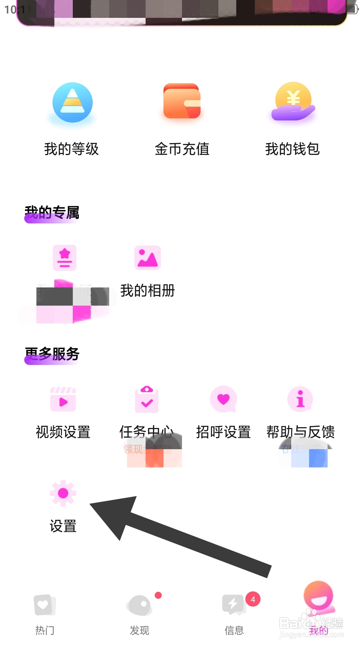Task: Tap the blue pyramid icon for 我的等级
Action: pyautogui.click(x=72, y=102)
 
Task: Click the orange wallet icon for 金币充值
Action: pyautogui.click(x=182, y=101)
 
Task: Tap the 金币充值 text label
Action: pyautogui.click(x=182, y=149)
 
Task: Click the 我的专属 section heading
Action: pyautogui.click(x=52, y=213)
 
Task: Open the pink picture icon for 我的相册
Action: pyautogui.click(x=147, y=258)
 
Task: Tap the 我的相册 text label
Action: pyautogui.click(x=148, y=290)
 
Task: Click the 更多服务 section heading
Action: pyautogui.click(x=52, y=355)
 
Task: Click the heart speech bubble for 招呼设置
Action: pyautogui.click(x=223, y=399)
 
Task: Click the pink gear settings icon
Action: pyautogui.click(x=63, y=493)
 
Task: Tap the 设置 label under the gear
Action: pyautogui.click(x=63, y=526)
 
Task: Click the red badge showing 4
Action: pyautogui.click(x=253, y=599)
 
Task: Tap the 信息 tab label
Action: pyautogui.click(x=234, y=630)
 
